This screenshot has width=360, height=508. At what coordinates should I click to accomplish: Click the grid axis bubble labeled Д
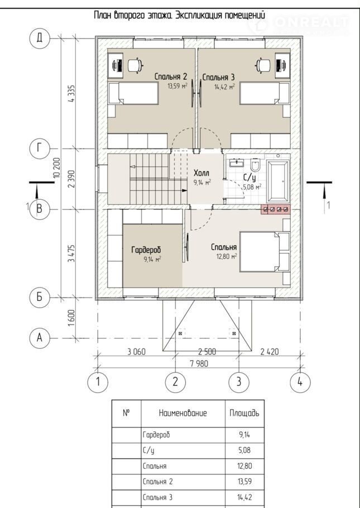click(x=39, y=38)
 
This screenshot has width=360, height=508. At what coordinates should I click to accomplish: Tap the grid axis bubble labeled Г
click(x=39, y=148)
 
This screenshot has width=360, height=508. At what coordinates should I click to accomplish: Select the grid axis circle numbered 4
click(x=300, y=382)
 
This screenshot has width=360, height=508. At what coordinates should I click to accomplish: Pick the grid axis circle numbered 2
click(x=175, y=382)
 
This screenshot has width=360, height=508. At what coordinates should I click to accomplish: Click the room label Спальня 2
click(x=171, y=77)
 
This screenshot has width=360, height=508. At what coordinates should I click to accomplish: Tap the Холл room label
click(x=201, y=172)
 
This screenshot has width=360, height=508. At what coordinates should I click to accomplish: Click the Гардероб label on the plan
click(x=146, y=250)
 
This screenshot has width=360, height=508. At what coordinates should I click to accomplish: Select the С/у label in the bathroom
click(x=249, y=178)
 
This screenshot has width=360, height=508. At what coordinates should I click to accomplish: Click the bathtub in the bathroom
click(x=278, y=181)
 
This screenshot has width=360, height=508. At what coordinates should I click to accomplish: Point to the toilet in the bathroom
click(x=255, y=165)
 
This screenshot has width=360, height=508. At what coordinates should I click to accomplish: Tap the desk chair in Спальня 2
click(x=135, y=65)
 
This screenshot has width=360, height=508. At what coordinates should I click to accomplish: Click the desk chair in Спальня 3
click(x=262, y=65)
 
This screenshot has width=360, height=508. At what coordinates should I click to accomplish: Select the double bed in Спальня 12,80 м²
click(x=265, y=252)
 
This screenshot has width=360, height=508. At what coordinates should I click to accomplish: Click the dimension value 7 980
click(x=199, y=363)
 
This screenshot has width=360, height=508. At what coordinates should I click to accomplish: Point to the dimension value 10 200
click(x=57, y=167)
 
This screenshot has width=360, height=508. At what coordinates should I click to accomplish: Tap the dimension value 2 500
click(x=207, y=352)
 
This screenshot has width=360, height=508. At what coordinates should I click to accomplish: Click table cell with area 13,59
click(x=244, y=481)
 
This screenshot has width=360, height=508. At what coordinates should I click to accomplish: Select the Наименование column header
click(x=183, y=413)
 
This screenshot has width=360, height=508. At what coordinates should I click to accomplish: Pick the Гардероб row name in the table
click(x=156, y=435)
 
